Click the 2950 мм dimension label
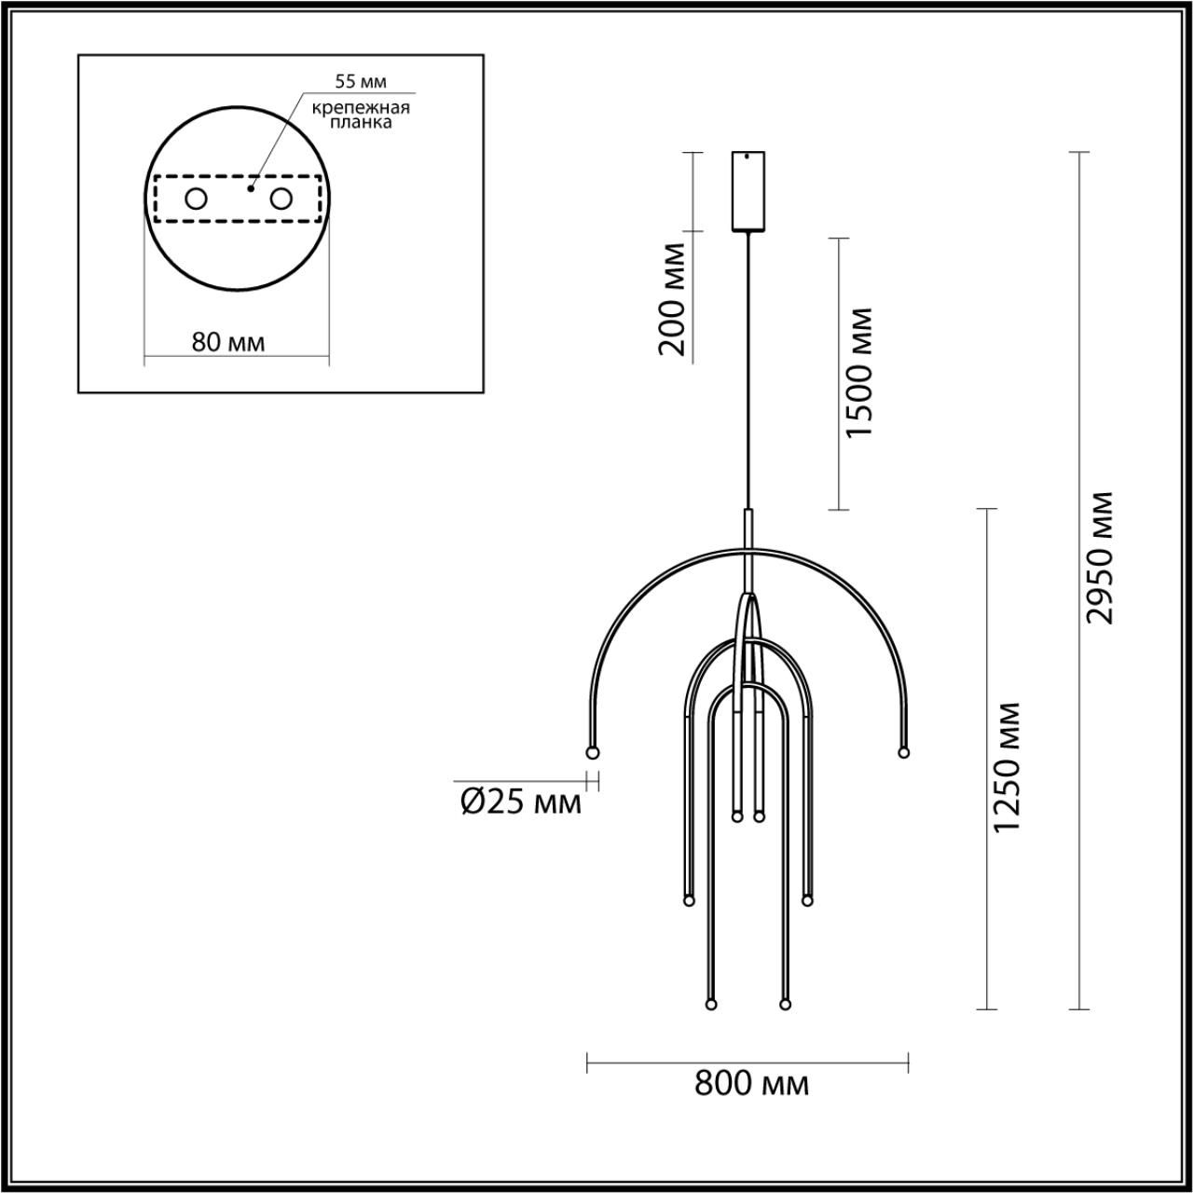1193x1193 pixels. (1103, 556)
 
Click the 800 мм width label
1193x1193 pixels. (751, 1083)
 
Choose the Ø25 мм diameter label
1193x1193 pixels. (521, 801)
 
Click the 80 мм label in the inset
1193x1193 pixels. (227, 342)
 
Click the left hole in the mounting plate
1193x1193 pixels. (196, 199)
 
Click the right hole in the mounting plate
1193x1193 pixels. (281, 199)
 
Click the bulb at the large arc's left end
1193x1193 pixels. (591, 752)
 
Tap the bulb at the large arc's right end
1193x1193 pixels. (902, 752)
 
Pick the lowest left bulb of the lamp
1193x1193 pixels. (711, 1005)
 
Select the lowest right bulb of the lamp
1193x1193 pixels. (785, 1005)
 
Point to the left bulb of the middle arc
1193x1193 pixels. (689, 900)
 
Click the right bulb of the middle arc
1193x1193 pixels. (807, 900)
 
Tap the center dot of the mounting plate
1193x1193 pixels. (250, 188)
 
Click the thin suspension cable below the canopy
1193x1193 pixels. (747, 373)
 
